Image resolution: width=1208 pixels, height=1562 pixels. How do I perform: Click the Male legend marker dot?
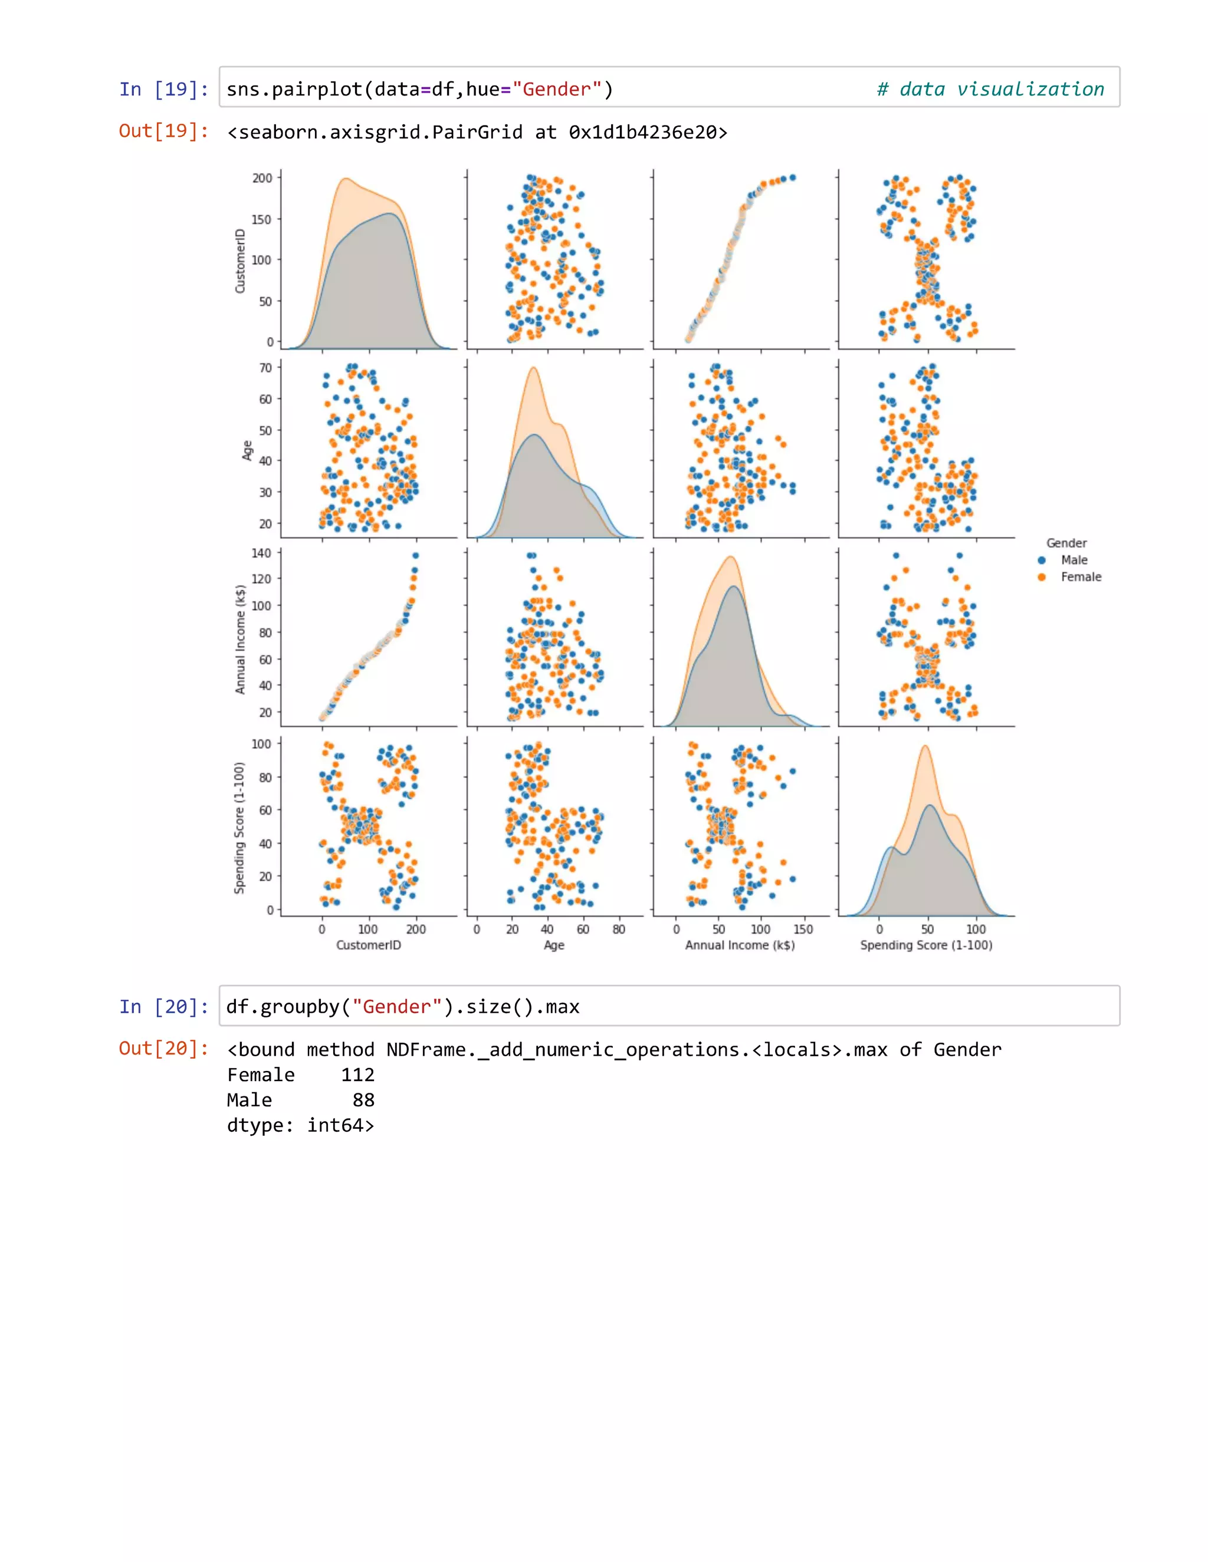[x=1042, y=560]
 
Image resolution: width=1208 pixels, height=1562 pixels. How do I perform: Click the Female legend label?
[x=1081, y=577]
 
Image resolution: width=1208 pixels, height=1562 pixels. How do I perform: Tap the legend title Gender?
[x=1066, y=543]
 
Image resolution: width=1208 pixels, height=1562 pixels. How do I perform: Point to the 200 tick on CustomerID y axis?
[x=262, y=178]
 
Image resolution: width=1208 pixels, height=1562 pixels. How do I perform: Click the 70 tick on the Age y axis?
[x=265, y=368]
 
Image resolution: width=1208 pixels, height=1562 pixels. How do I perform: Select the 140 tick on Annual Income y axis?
[x=261, y=553]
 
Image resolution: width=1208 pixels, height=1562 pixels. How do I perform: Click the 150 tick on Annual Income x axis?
[x=803, y=929]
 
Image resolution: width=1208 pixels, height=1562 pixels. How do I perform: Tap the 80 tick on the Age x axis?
[x=618, y=929]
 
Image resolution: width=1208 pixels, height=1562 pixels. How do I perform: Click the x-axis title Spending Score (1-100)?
[x=925, y=945]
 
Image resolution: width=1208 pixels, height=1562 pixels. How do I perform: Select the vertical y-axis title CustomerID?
[x=241, y=261]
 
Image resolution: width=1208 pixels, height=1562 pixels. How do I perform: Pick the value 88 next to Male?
[x=363, y=1100]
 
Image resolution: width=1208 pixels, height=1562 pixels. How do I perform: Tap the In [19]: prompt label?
[x=164, y=90]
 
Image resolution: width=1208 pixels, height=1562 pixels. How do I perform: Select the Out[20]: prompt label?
[x=164, y=1049]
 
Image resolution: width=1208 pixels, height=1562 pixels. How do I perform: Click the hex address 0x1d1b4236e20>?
[x=648, y=132]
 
